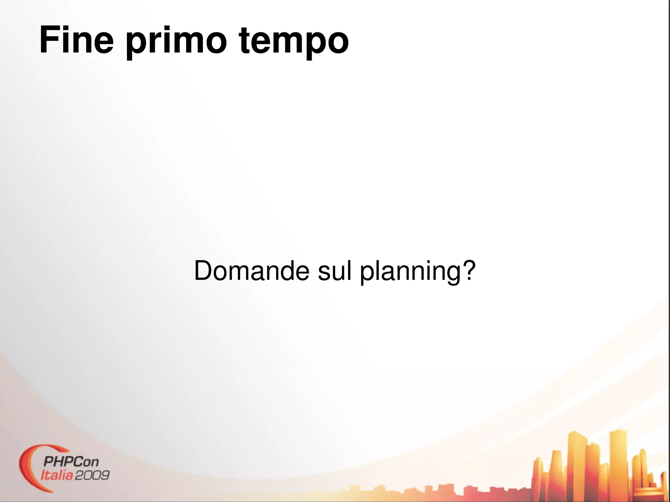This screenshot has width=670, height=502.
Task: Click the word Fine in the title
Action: [x=76, y=40]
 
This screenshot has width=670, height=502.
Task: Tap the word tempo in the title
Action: [x=294, y=43]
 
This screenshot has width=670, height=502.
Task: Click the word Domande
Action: [x=251, y=271]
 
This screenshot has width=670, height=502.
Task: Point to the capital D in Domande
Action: [x=204, y=271]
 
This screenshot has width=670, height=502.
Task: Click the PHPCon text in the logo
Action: [x=71, y=462]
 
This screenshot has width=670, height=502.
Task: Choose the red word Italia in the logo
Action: [x=56, y=475]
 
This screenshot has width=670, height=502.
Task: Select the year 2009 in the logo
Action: [x=92, y=475]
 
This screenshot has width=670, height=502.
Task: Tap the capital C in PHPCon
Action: [x=77, y=462]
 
